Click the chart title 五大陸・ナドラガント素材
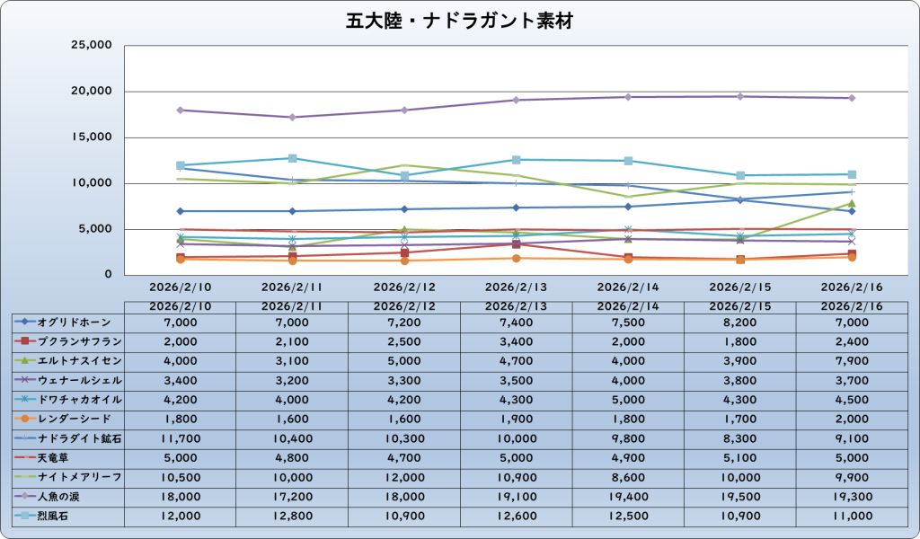459,21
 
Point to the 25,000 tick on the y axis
90,45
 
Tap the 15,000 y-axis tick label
90,137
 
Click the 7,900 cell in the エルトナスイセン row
851,360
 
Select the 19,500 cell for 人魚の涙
739,496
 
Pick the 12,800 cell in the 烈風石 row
292,516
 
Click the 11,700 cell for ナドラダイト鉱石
181,438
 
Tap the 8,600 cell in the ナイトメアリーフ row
628,477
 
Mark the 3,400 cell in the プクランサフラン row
516,341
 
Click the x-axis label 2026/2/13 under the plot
516,287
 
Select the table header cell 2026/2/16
851,305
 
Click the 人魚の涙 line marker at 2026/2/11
292,117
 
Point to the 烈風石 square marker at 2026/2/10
181,165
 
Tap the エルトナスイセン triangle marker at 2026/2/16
851,203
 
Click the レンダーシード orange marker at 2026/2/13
516,258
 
